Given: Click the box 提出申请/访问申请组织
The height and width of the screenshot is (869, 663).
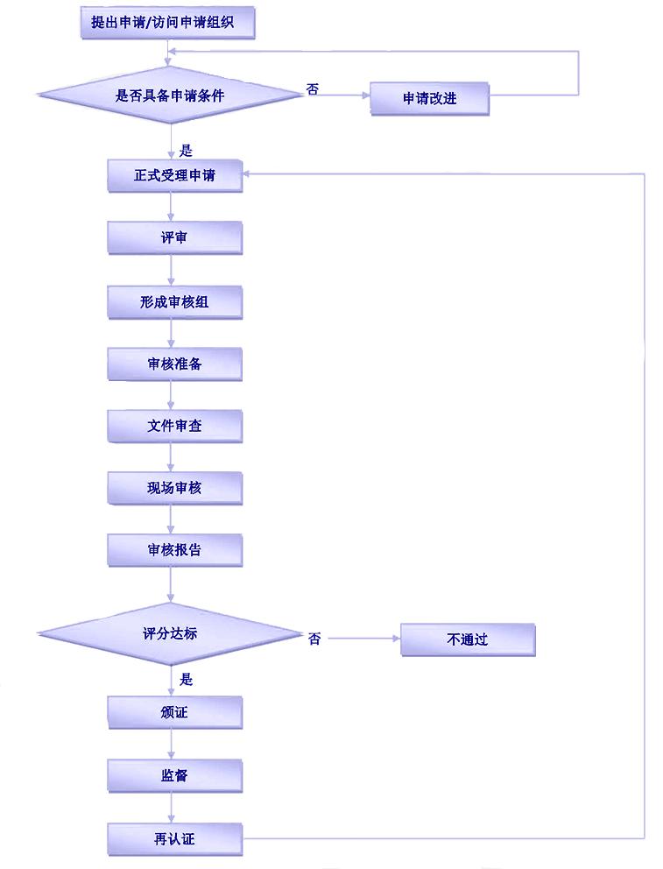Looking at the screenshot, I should click(168, 23).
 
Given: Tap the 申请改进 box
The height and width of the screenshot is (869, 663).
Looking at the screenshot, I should click(429, 98).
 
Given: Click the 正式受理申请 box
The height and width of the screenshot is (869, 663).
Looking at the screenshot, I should click(174, 175).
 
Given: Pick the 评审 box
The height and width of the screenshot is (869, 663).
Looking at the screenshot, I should click(174, 237).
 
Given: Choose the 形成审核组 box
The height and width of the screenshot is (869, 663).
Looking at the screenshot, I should click(174, 301).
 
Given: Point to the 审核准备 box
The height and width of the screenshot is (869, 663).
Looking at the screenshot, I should click(174, 364).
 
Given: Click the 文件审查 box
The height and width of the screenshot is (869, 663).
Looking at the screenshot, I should click(174, 426).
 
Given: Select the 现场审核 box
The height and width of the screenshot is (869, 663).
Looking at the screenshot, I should click(174, 487).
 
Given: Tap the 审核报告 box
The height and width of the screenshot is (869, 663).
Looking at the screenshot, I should click(174, 549).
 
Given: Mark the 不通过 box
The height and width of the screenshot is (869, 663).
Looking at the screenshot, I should click(467, 639).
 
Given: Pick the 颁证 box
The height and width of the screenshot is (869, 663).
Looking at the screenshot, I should click(174, 712).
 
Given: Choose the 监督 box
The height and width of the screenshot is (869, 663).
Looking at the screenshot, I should click(174, 775).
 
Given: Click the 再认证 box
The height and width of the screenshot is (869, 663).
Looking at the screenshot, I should click(174, 839).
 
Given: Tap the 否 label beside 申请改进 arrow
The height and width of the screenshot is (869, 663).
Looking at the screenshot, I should click(313, 88).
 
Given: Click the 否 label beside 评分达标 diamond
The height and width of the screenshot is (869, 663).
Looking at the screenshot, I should click(314, 639).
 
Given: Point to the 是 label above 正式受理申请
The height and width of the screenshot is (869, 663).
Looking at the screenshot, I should click(186, 150).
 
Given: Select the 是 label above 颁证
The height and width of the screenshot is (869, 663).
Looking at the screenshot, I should click(186, 679).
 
